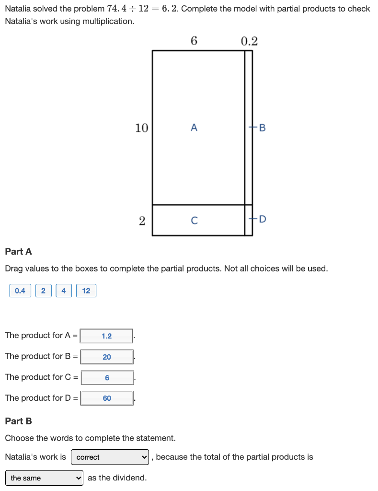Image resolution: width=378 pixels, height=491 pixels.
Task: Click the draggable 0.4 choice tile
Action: tap(20, 291)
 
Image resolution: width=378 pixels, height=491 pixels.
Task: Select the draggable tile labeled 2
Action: tap(43, 291)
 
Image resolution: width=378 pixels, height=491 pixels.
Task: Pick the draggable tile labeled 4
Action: tap(64, 291)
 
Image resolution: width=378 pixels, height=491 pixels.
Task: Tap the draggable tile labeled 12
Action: tap(86, 291)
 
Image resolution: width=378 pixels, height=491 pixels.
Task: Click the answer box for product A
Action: tap(106, 336)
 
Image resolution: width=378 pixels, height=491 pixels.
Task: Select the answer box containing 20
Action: tap(106, 357)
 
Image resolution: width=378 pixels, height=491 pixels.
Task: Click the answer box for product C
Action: tap(107, 378)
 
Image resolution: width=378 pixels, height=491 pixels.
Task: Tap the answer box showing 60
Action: tap(107, 398)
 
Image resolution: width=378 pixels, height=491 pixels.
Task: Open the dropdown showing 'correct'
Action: tap(111, 457)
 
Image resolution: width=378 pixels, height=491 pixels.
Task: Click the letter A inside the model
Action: tap(194, 128)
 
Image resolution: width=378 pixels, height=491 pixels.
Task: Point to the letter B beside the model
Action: tap(262, 128)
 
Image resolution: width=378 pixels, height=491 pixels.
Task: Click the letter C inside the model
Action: tap(194, 221)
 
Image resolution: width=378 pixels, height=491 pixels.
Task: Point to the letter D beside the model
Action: tap(262, 220)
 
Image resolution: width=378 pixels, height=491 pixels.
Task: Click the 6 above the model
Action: tap(194, 41)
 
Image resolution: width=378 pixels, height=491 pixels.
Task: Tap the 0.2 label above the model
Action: tap(249, 41)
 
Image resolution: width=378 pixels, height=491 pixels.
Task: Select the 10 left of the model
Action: tap(141, 128)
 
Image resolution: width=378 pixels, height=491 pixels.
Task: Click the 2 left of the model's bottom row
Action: tap(142, 221)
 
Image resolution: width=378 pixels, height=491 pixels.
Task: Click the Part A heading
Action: tap(18, 252)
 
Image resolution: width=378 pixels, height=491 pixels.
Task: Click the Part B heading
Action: tap(18, 421)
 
